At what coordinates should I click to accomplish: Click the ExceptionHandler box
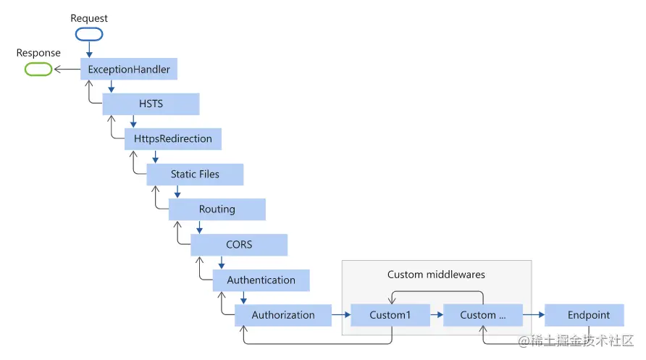[129, 70]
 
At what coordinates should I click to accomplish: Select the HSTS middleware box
[151, 104]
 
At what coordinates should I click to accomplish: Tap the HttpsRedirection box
[173, 138]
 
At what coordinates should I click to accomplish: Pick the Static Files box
[195, 174]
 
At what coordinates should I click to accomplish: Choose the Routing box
[217, 209]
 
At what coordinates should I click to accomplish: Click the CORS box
[239, 245]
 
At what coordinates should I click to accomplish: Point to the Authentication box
[261, 280]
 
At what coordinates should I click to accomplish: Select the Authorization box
[283, 315]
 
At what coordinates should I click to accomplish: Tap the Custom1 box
[390, 315]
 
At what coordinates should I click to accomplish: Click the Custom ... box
[482, 315]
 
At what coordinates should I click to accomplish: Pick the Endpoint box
[588, 315]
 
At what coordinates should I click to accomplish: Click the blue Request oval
[88, 34]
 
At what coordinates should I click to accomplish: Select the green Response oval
[38, 70]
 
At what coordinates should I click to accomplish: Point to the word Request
[88, 17]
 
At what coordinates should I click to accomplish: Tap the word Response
[38, 53]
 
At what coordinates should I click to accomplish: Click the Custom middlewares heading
[436, 275]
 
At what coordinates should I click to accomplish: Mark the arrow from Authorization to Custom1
[340, 315]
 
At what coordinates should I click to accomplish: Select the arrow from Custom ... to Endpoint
[534, 315]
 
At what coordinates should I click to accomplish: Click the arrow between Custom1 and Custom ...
[436, 315]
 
